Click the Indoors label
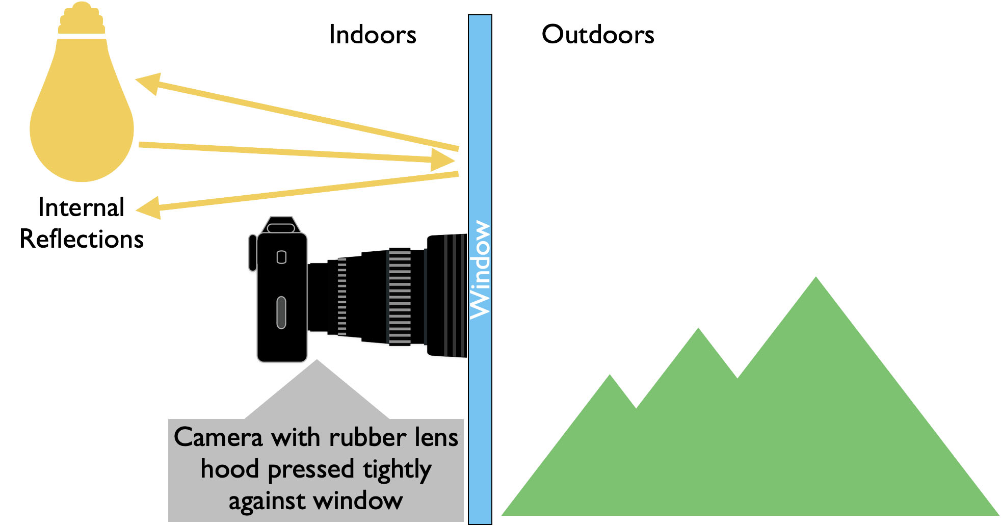coord(373,35)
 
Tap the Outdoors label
coord(598,35)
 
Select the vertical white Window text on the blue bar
coord(480,270)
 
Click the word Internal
coord(81,207)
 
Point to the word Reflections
coord(82,239)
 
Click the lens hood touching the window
coord(446,295)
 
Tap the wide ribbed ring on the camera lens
coord(400,297)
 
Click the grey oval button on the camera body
coord(281,312)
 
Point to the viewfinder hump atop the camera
coord(281,225)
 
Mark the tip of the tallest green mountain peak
coord(815,279)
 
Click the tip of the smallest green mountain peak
coord(610,377)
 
